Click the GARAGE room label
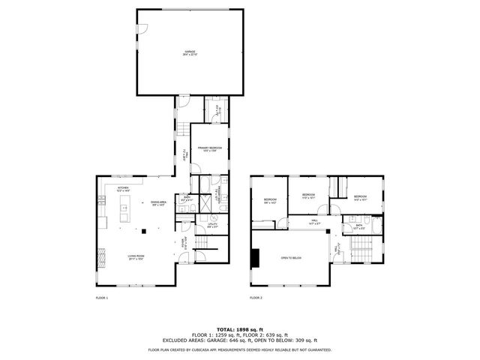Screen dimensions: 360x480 click(x=190, y=52)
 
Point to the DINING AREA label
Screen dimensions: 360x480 click(x=158, y=202)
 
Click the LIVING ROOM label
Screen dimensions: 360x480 click(x=135, y=256)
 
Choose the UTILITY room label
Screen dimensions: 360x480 click(x=213, y=224)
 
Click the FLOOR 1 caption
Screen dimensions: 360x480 click(x=102, y=298)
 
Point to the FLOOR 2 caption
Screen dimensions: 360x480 click(x=256, y=298)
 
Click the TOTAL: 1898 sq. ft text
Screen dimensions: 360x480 click(x=239, y=329)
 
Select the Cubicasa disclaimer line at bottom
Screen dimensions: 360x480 click(x=239, y=349)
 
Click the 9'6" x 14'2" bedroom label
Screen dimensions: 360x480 click(x=270, y=200)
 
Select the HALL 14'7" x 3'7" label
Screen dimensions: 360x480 click(x=314, y=222)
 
